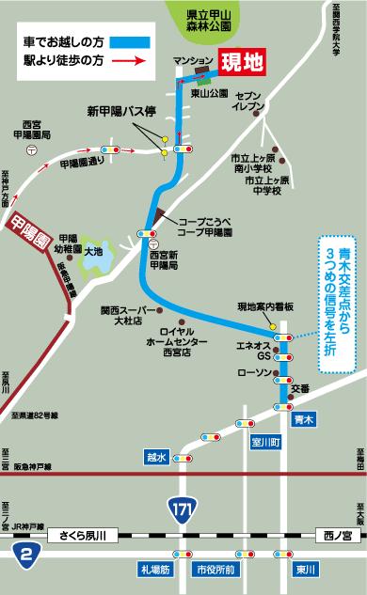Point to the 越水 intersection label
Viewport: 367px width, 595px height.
point(156,457)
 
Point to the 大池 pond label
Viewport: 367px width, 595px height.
point(93,252)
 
